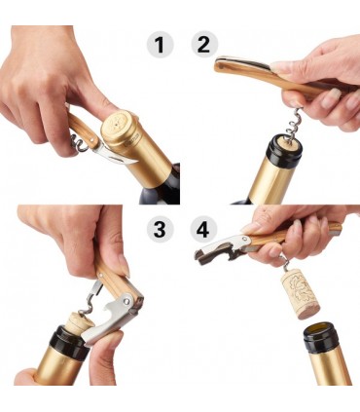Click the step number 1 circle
pyautogui.click(x=160, y=45)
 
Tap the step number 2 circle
pyautogui.click(x=204, y=45)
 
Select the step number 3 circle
pyautogui.click(x=160, y=229)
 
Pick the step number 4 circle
pyautogui.click(x=204, y=229)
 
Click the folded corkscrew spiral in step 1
pyautogui.click(x=78, y=143)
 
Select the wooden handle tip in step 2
pyautogui.click(x=222, y=64)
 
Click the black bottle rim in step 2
pyautogui.click(x=283, y=152)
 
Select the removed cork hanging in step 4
pyautogui.click(x=300, y=295)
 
